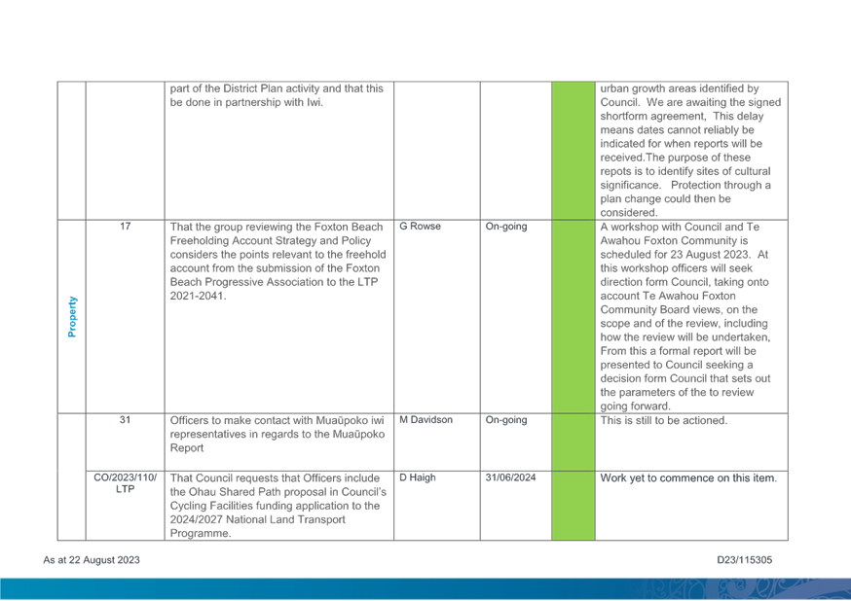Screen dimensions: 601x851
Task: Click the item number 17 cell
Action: tap(125, 227)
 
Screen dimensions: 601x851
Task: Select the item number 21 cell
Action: tap(125, 420)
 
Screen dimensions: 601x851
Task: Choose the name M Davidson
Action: tap(426, 420)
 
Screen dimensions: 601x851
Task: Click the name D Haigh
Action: tap(416, 477)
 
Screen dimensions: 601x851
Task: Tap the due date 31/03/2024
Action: tap(509, 477)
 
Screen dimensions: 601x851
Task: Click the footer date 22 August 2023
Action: tap(92, 560)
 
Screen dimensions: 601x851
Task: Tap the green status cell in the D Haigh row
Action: tap(573, 506)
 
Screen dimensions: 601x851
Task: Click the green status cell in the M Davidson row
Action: tap(573, 442)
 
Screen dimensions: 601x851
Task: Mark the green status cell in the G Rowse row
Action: tap(573, 316)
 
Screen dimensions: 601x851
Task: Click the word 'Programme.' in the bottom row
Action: tap(199, 534)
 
